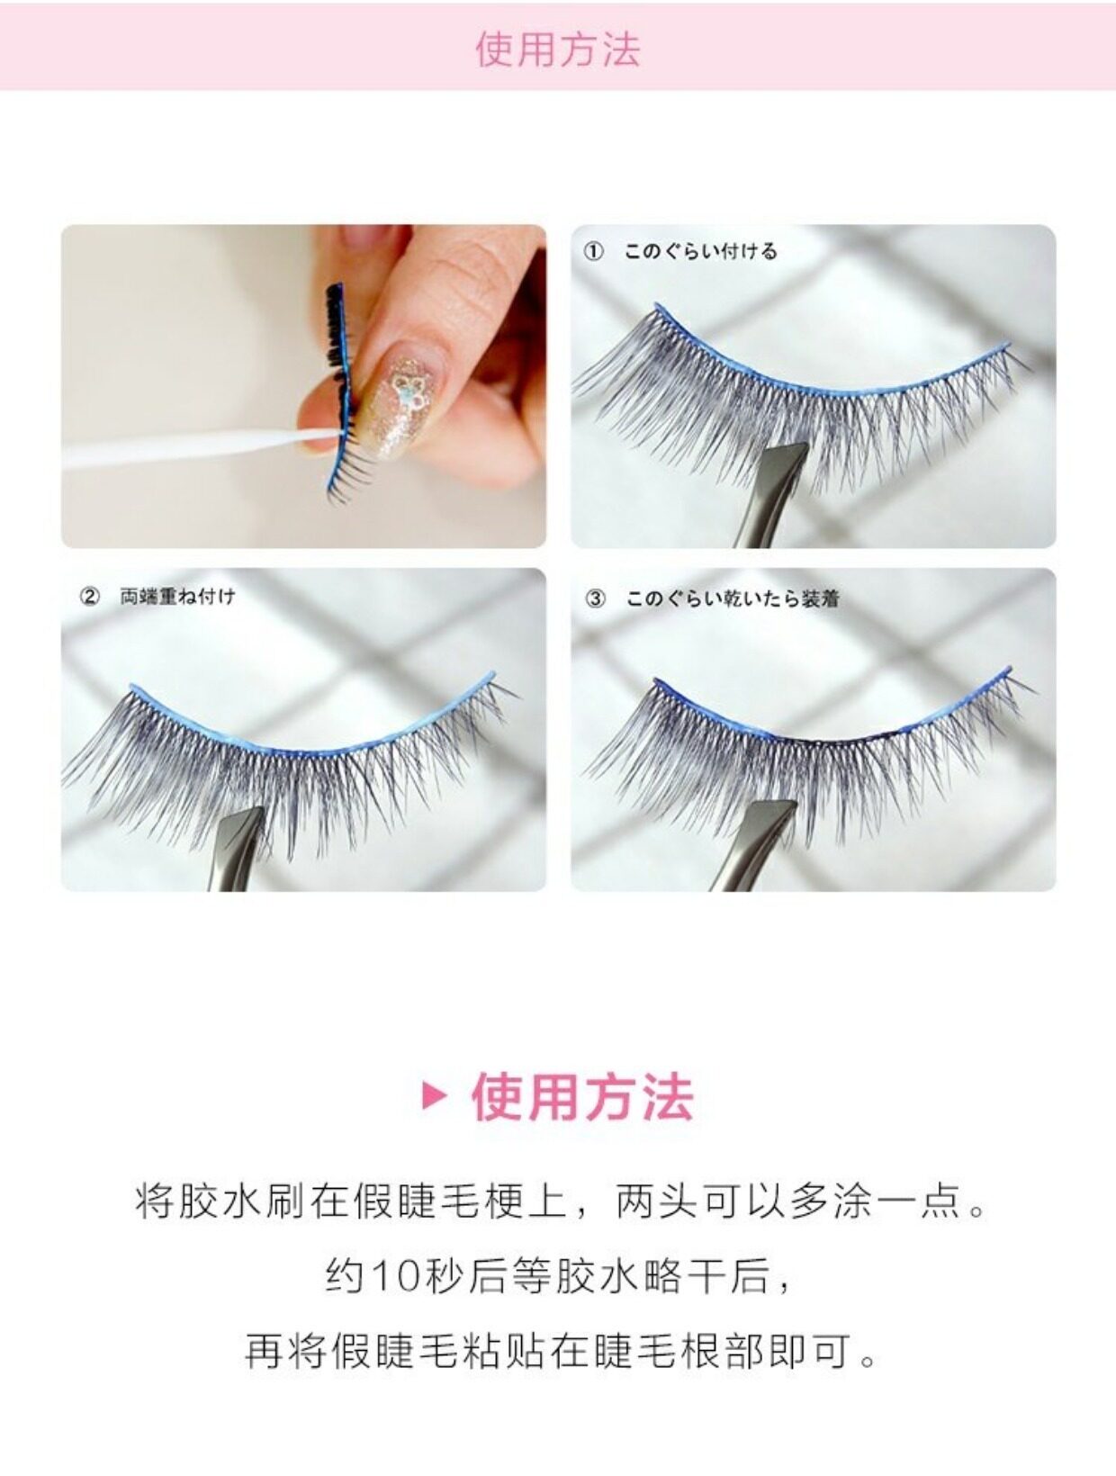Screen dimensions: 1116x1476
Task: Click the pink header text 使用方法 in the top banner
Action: pos(558,49)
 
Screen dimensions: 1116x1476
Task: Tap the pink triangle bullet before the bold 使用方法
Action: pos(434,1097)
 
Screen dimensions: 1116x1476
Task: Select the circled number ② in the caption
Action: pos(89,597)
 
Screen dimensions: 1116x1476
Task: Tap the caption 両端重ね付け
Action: pos(178,597)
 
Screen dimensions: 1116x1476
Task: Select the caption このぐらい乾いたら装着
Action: pos(732,599)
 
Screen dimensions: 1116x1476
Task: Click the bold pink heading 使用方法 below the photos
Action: pos(582,1097)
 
